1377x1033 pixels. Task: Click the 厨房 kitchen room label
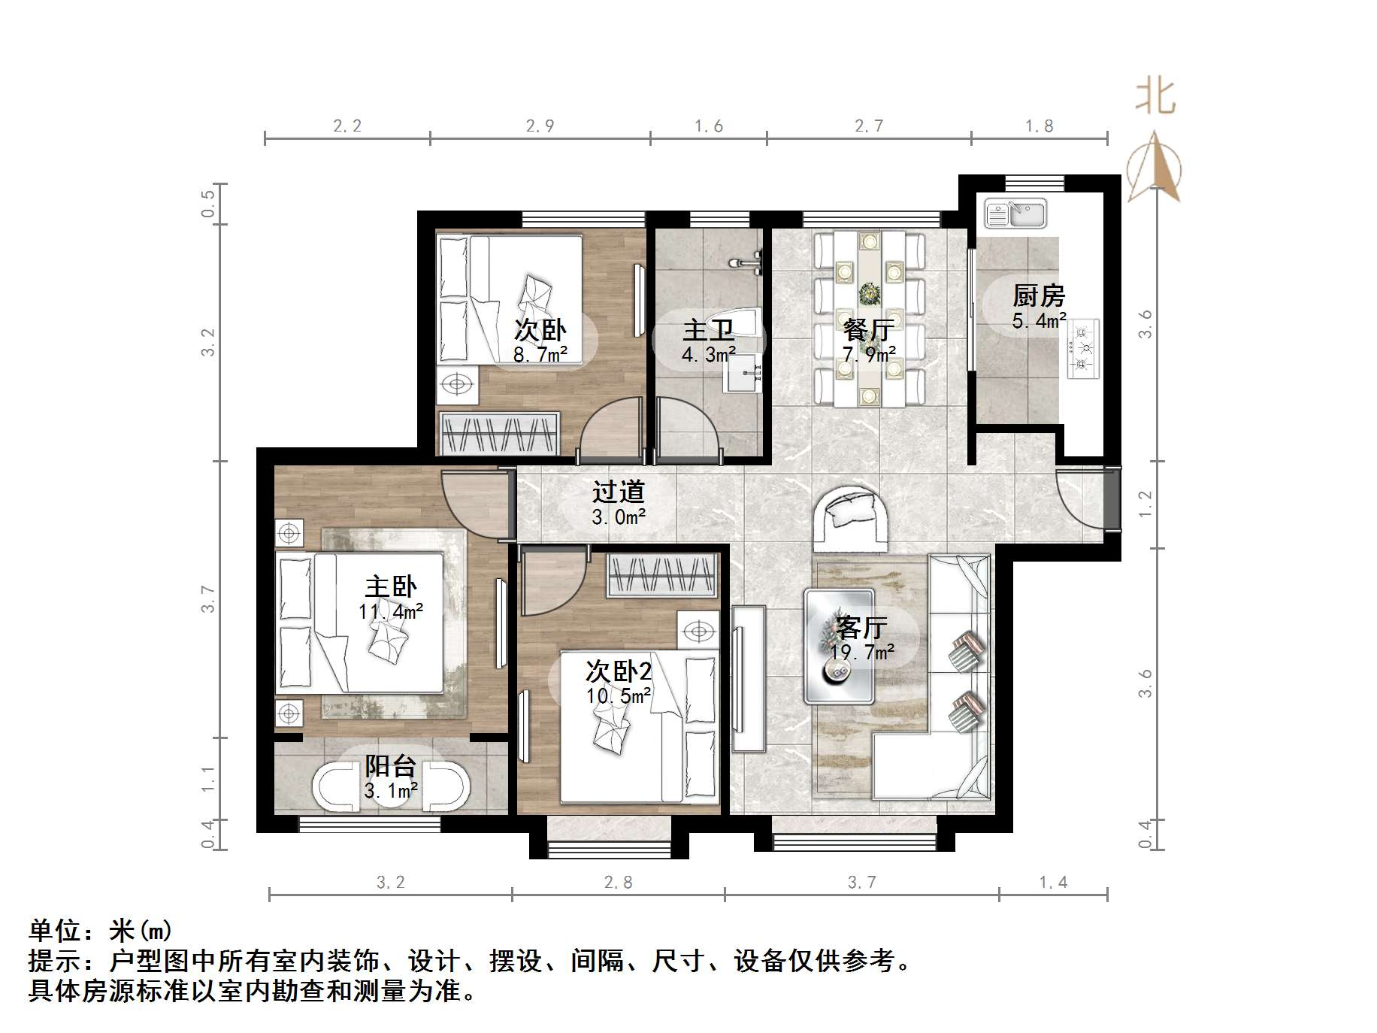(x=1038, y=295)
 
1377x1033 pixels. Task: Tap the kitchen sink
(x=1015, y=214)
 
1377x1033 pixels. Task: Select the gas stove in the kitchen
(x=1082, y=348)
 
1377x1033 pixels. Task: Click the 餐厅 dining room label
(x=868, y=330)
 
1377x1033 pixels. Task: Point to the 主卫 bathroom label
(x=708, y=330)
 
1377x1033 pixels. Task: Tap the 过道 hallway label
(x=618, y=492)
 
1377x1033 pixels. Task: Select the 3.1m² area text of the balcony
(x=391, y=790)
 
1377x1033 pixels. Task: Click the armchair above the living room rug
(x=853, y=517)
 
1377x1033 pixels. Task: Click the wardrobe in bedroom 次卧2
(x=661, y=576)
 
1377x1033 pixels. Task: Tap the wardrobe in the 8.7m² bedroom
(x=499, y=434)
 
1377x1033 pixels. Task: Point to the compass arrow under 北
(x=1154, y=167)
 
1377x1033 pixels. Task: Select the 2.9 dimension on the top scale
(x=540, y=126)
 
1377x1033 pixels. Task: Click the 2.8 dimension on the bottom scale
(x=618, y=882)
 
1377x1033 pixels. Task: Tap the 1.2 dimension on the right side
(x=1145, y=504)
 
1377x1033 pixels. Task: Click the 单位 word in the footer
(x=55, y=931)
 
